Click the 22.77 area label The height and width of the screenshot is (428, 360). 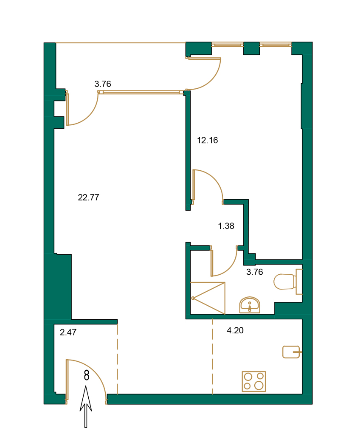[89, 197]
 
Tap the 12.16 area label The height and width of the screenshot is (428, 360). [208, 140]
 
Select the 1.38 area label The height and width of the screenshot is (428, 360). [226, 226]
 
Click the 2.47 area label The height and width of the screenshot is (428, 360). [68, 332]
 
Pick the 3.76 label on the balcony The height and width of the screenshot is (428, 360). [103, 84]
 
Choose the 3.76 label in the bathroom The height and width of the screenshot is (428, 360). [255, 272]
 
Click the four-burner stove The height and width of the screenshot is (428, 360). [254, 381]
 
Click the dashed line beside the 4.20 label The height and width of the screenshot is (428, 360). [212, 357]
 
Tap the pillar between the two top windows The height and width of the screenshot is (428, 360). [251, 48]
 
